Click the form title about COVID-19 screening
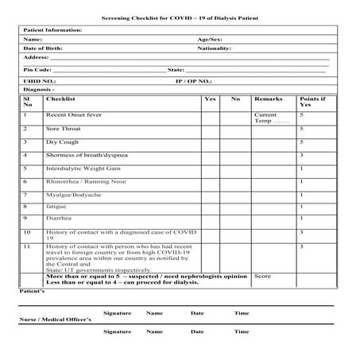coord(180,17)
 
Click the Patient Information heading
coord(52,30)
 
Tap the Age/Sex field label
coord(208,39)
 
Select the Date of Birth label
coord(44,48)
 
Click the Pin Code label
coord(37,70)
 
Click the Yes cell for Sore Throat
coord(210,129)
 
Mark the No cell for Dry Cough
coord(235,142)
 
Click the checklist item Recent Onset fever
coord(74,115)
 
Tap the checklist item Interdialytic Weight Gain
coord(83,168)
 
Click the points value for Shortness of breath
coord(301,155)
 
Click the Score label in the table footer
coord(263,277)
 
